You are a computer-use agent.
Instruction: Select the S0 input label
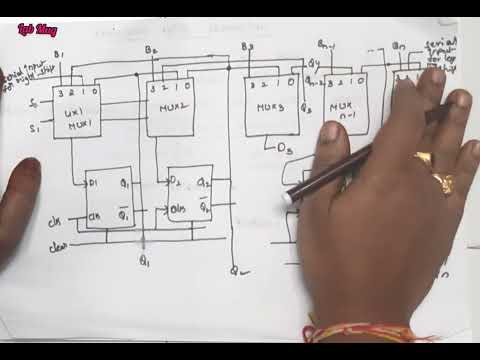(x=34, y=104)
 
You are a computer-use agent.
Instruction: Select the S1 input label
(x=34, y=127)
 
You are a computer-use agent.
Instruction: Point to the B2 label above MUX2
(x=151, y=49)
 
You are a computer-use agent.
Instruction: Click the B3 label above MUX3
(x=247, y=47)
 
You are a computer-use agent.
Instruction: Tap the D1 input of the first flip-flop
(x=93, y=183)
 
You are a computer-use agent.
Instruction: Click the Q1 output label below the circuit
(x=144, y=263)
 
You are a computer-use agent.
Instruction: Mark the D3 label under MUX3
(x=284, y=150)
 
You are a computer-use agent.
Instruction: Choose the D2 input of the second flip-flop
(x=176, y=182)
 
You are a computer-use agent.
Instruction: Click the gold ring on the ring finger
(x=440, y=181)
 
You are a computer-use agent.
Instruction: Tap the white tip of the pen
(x=289, y=199)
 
